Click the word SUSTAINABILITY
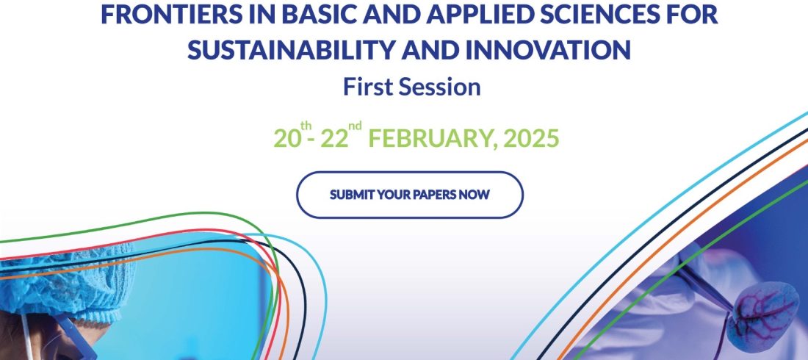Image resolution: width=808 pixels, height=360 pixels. tap(286, 50)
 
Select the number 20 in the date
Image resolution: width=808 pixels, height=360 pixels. tap(286, 138)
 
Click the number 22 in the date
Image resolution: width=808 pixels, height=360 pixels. tap(334, 138)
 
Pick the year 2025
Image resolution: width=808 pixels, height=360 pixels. tap(531, 138)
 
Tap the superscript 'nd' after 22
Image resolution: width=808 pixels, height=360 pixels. tap(355, 126)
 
